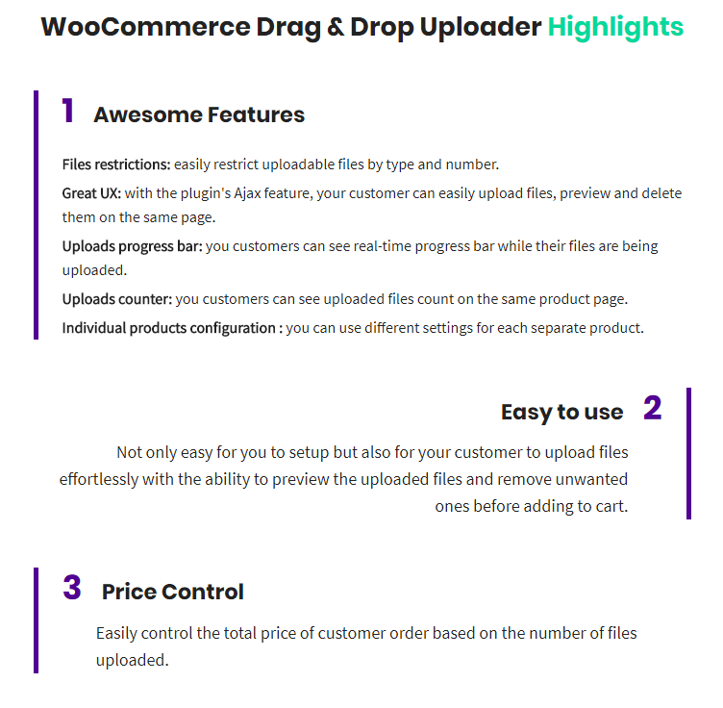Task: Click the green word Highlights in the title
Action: [615, 27]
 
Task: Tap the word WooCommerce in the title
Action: [146, 27]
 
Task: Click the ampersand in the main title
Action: [336, 27]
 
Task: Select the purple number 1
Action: [67, 111]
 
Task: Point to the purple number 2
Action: [653, 408]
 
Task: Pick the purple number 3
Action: [72, 587]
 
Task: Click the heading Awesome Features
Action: [199, 114]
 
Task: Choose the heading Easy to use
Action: [562, 412]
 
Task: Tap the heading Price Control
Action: [172, 592]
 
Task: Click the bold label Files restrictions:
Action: [116, 164]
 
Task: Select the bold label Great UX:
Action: [91, 193]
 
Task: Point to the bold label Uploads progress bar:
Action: [133, 246]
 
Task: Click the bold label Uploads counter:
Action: [117, 299]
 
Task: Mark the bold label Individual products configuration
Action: [169, 328]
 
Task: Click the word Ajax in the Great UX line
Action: [247, 193]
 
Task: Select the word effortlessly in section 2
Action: [99, 479]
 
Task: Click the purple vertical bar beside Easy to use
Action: [689, 453]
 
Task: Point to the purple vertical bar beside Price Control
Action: [36, 620]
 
